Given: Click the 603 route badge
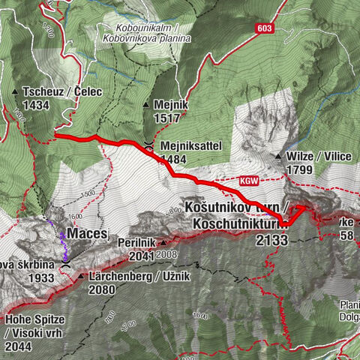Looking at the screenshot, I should (262, 28).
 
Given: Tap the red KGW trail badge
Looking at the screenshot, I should (250, 181).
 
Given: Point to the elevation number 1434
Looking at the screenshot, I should (36, 106).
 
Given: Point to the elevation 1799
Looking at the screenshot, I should (298, 170).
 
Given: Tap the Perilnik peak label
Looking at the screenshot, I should (136, 243).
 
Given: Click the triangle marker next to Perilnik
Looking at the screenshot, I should (161, 242).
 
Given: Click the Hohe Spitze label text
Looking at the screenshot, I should (36, 319).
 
